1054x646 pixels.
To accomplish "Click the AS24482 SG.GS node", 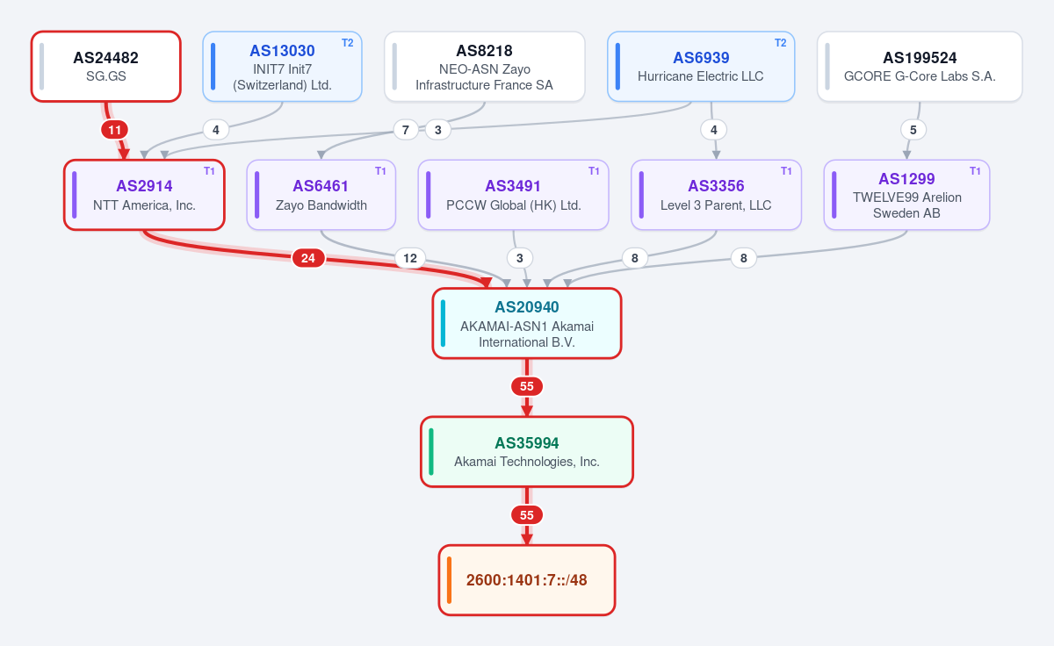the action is (x=106, y=67).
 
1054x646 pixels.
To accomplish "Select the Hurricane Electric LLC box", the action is (x=701, y=67).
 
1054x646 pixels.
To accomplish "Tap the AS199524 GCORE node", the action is (x=920, y=67).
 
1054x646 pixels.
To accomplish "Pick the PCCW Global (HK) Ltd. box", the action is (x=513, y=195).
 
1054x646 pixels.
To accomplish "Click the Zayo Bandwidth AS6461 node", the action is (x=321, y=195).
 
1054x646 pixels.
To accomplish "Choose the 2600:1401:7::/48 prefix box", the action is (x=526, y=579).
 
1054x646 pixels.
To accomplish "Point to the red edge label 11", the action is (x=114, y=130).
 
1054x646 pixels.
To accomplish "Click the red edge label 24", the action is (x=308, y=258).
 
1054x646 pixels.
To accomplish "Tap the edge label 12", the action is (x=410, y=258).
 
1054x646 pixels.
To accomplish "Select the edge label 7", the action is (x=405, y=130).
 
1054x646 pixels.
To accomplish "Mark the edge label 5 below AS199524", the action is (x=913, y=130).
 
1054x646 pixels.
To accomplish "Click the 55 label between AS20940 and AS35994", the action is (x=526, y=386).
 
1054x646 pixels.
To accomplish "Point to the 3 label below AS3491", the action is (x=519, y=258).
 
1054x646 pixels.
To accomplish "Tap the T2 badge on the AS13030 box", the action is (x=347, y=43).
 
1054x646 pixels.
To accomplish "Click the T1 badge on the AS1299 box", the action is (x=975, y=171).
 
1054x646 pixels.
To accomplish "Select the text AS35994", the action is (x=526, y=443).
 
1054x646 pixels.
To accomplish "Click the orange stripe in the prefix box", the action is (x=450, y=579).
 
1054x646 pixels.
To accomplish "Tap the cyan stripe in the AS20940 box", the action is (x=443, y=324).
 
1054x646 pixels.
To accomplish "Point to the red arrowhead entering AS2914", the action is (x=124, y=154).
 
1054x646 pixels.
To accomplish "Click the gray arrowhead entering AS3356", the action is (x=716, y=155).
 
